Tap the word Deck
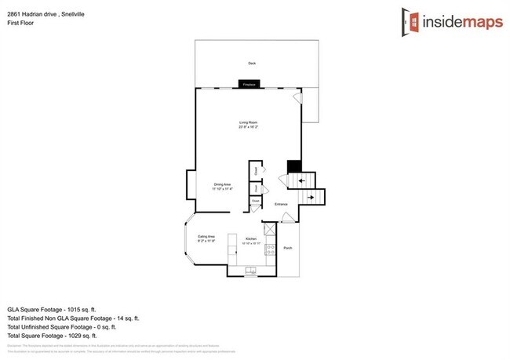[252, 64]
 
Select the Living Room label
[249, 123]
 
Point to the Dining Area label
[221, 185]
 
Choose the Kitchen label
[252, 238]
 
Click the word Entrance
[281, 205]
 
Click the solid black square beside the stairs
[293, 166]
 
